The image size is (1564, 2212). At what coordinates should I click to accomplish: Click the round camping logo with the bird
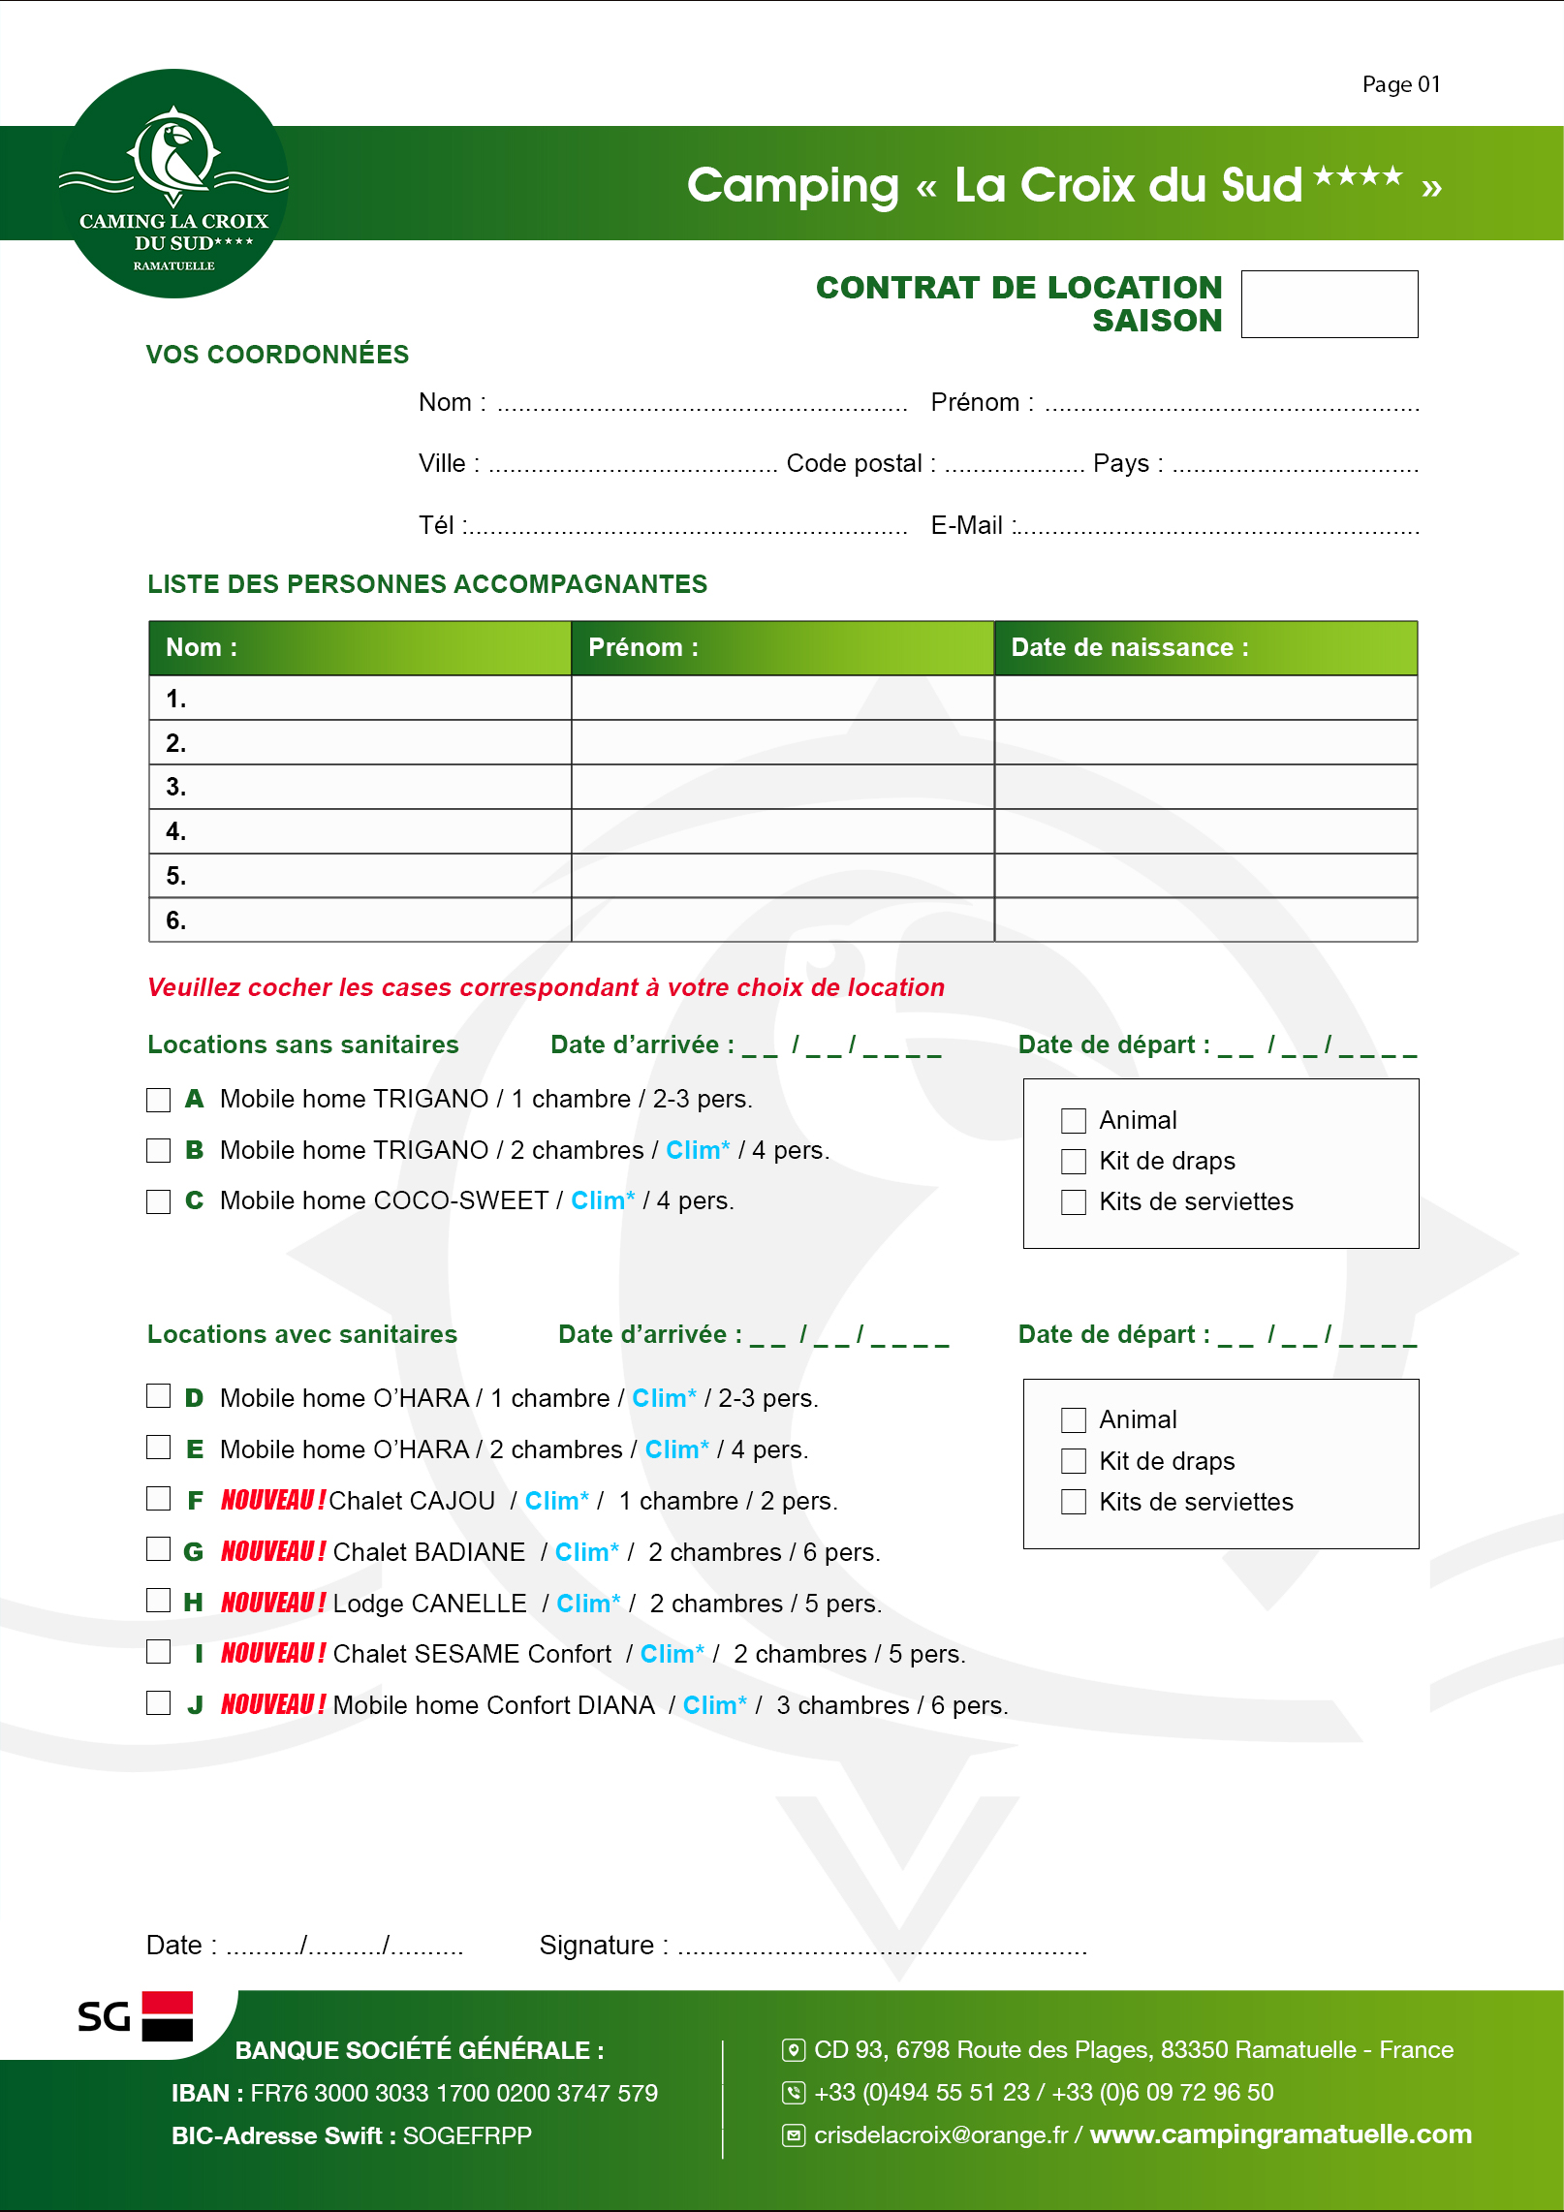pos(174,183)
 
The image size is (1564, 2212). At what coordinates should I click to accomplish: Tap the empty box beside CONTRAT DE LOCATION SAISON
pos(1329,304)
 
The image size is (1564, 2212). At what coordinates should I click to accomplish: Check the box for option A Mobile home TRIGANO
pos(158,1100)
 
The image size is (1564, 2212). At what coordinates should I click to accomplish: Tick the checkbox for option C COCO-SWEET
pos(158,1201)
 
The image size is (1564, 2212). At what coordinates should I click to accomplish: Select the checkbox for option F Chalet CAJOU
pos(158,1499)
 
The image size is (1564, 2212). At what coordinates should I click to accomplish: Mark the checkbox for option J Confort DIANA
pos(158,1703)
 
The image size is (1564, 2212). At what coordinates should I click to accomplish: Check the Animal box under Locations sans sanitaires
pos(1073,1121)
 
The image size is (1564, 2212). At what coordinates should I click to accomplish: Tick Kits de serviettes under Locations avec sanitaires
pos(1073,1502)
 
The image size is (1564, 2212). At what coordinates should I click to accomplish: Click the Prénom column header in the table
pos(642,647)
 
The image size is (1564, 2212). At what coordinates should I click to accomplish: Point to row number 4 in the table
pos(175,831)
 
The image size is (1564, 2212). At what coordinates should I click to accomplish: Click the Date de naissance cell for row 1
pos(1204,698)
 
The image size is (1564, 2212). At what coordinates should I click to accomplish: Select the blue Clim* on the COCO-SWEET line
pos(602,1200)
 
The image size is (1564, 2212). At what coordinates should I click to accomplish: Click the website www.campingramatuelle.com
pos(1280,2134)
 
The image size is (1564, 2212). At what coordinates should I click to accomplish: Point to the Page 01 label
pos(1400,84)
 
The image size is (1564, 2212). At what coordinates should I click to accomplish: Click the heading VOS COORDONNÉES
pos(277,355)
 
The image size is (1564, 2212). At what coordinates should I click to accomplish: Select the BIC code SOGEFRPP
pos(467,2135)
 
